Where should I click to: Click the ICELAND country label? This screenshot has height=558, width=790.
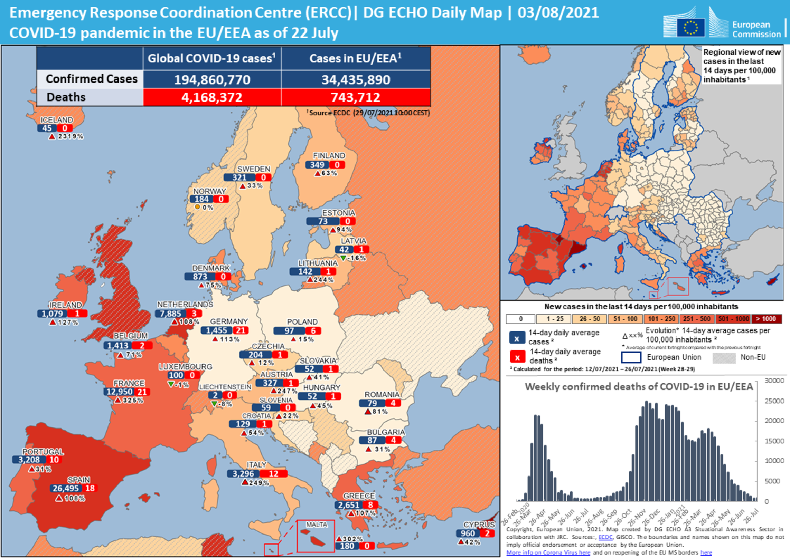pyautogui.click(x=57, y=120)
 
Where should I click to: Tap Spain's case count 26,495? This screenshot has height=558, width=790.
pyautogui.click(x=66, y=488)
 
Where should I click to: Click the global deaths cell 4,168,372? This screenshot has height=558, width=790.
pyautogui.click(x=212, y=97)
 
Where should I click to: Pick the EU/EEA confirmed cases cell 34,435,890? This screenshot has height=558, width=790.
pyautogui.click(x=356, y=80)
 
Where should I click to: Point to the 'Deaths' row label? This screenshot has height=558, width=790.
pyautogui.click(x=66, y=97)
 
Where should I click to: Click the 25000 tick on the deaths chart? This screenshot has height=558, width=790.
pyautogui.click(x=774, y=401)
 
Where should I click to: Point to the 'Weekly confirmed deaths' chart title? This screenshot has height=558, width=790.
pyautogui.click(x=639, y=386)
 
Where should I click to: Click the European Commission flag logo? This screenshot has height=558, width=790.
pyautogui.click(x=690, y=27)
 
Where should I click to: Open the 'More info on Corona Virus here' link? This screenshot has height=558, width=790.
pyautogui.click(x=548, y=552)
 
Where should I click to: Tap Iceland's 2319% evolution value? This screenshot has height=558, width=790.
pyautogui.click(x=70, y=136)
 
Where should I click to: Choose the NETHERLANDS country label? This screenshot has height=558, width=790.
pyautogui.click(x=185, y=305)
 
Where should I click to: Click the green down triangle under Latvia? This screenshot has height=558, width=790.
pyautogui.click(x=343, y=258)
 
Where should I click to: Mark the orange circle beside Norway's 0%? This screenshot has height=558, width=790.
pyautogui.click(x=197, y=207)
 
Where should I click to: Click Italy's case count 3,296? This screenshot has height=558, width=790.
pyautogui.click(x=243, y=474)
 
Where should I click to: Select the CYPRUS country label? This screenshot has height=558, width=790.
pyautogui.click(x=479, y=525)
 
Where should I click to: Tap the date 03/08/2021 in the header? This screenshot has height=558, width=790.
pyautogui.click(x=558, y=13)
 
